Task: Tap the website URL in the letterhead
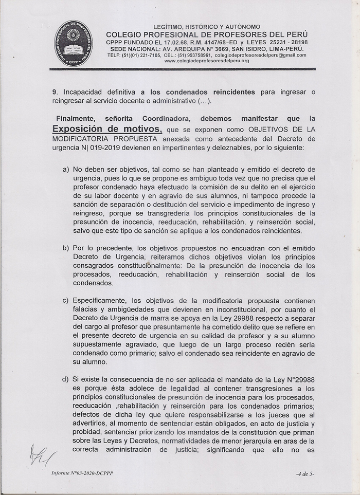coord(207,61)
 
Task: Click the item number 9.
coord(54,92)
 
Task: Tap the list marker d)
coord(66,379)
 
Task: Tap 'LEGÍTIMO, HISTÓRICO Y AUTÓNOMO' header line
coord(207,27)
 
